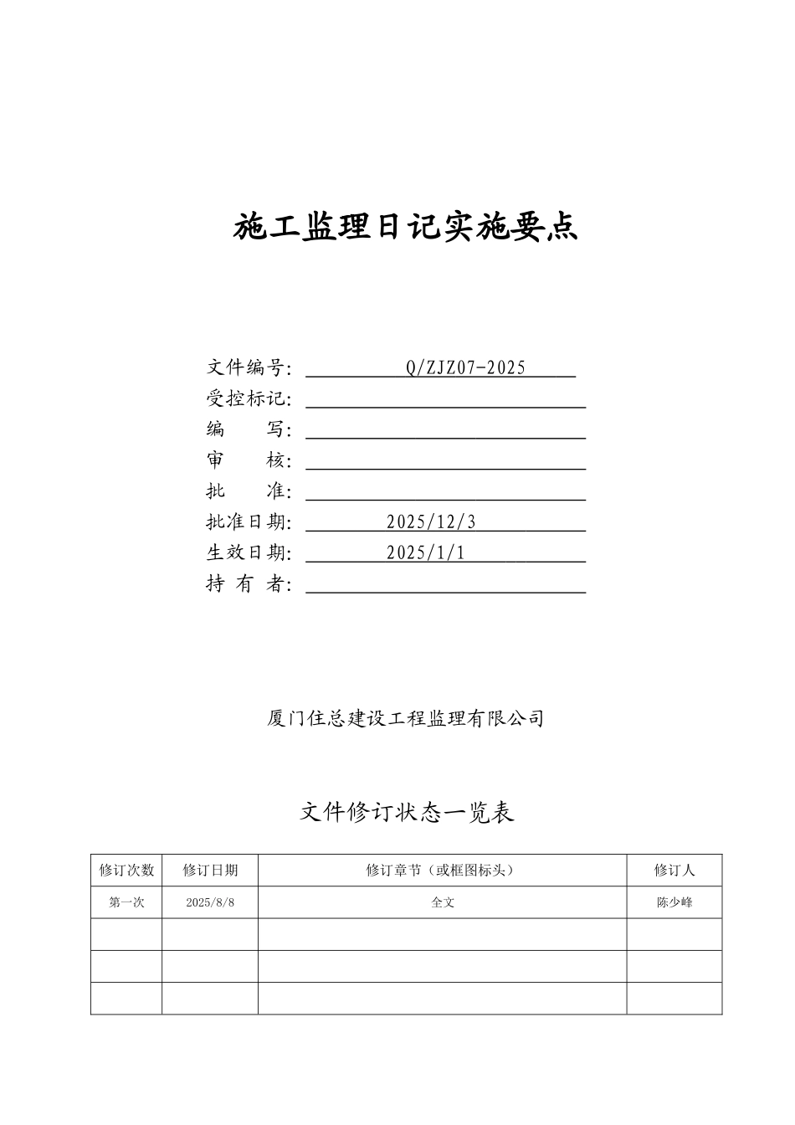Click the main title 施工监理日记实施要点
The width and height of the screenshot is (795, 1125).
tap(405, 227)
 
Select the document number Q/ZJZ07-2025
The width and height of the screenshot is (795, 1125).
tap(465, 367)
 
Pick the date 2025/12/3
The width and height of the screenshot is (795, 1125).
tap(431, 522)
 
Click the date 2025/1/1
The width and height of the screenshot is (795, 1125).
tap(425, 552)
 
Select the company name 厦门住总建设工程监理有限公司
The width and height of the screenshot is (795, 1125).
tap(406, 718)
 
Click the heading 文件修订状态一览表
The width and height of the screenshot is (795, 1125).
tap(407, 812)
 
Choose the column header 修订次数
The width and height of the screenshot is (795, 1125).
tap(126, 871)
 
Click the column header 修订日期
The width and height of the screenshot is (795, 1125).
tap(210, 871)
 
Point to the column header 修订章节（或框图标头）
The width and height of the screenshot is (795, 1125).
tap(442, 871)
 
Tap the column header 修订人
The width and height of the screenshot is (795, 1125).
tap(674, 871)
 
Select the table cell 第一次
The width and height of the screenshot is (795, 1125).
tap(126, 903)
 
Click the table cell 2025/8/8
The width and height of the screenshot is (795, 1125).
tap(210, 903)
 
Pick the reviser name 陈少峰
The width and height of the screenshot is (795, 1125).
tap(674, 903)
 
